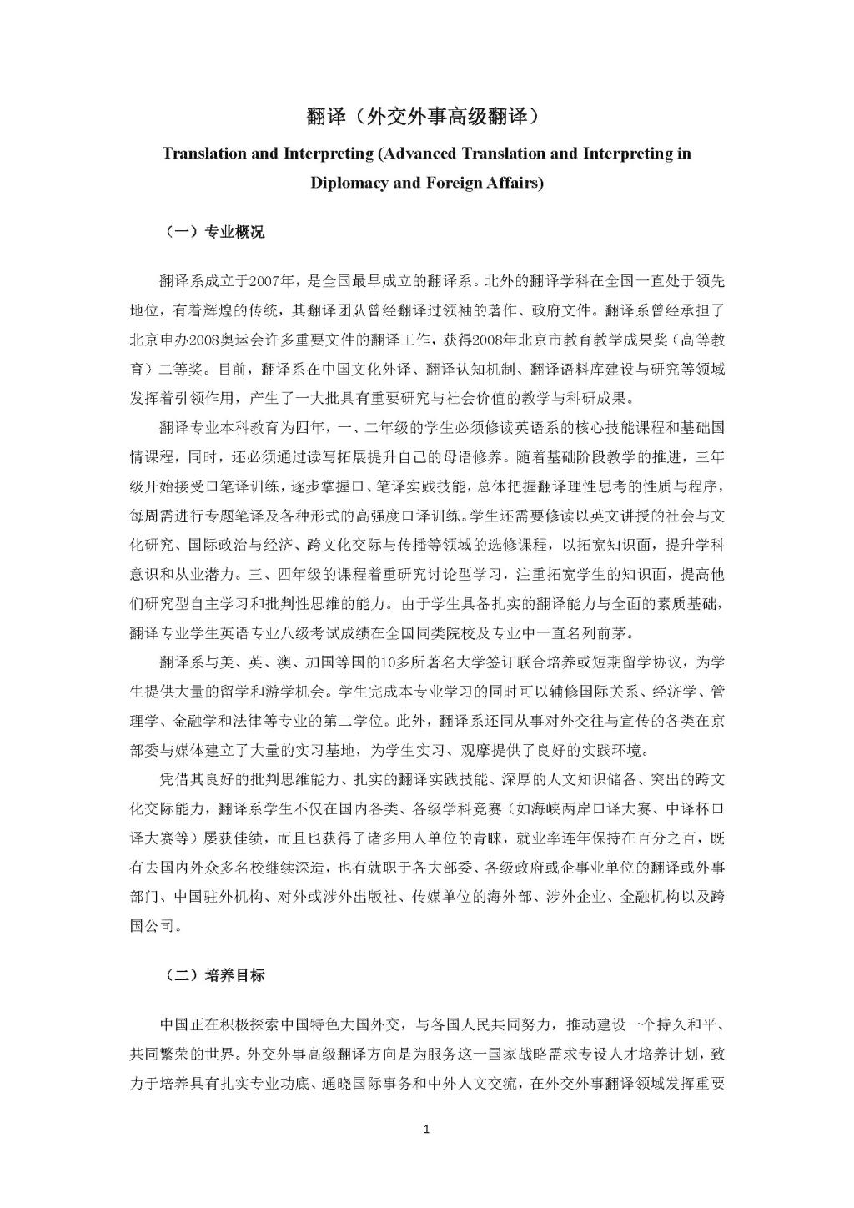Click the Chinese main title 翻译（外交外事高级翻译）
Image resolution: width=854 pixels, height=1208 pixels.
pos(426,117)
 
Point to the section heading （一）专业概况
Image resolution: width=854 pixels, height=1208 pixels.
pos(213,232)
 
